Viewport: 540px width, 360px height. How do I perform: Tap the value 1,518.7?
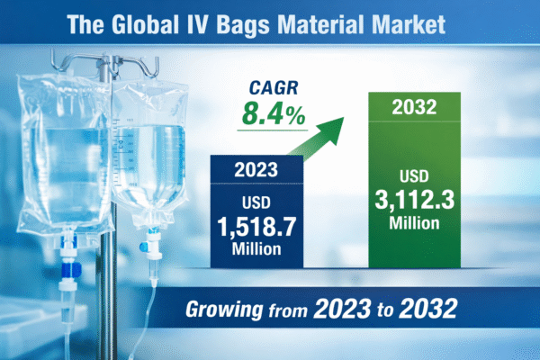click(254, 222)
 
